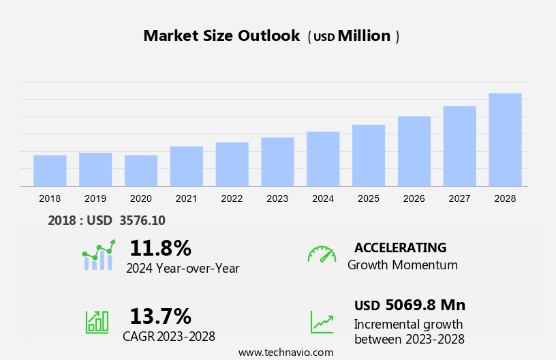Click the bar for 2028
(505, 140)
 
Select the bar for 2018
(50, 170)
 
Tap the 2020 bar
(141, 170)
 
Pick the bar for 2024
(323, 159)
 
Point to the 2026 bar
(414, 151)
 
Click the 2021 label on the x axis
(186, 198)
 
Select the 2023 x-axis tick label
(277, 198)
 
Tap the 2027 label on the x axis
(459, 198)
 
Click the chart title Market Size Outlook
(221, 36)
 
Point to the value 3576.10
(142, 220)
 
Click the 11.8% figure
(160, 247)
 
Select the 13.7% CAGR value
(160, 316)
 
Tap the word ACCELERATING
(400, 247)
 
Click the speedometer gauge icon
(322, 254)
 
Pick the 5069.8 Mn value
(425, 305)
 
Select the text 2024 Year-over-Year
(183, 269)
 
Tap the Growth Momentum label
(402, 265)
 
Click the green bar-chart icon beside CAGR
(97, 321)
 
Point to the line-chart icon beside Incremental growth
(322, 322)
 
